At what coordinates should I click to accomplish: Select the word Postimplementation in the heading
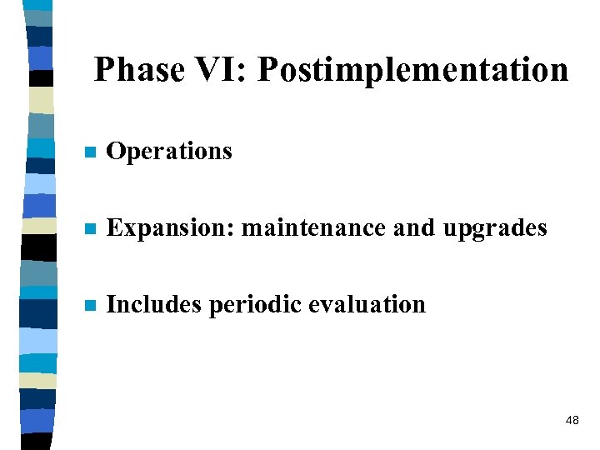[x=412, y=70]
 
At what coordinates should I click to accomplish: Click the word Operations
[x=169, y=152]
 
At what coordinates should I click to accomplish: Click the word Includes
[x=155, y=305]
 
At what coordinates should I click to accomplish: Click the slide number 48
[x=572, y=421]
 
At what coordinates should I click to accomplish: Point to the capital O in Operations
[x=116, y=152]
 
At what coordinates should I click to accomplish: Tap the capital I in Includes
[x=112, y=305]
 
